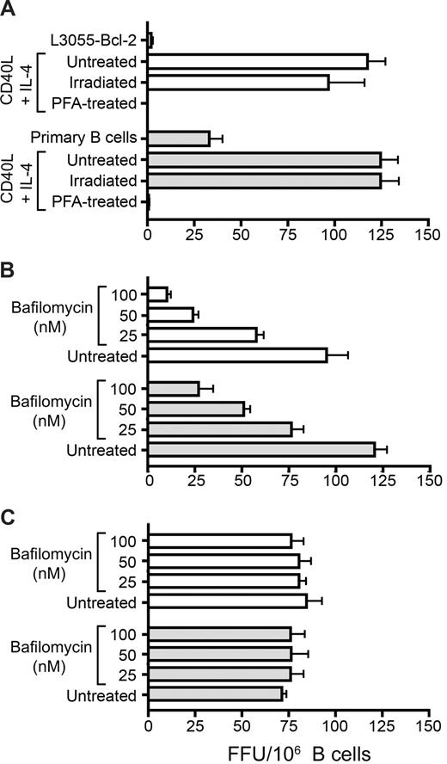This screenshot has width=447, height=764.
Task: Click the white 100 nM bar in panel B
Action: click(x=157, y=294)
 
